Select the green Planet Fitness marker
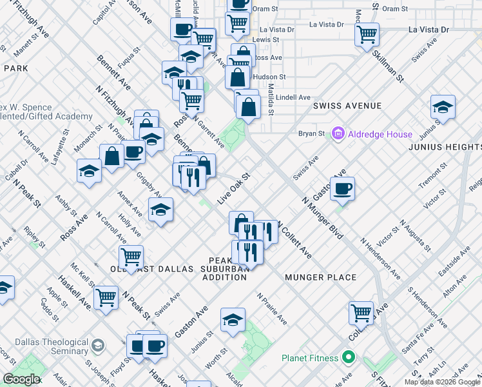(349, 357)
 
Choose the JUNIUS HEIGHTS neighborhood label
(445, 147)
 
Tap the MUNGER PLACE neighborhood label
(320, 277)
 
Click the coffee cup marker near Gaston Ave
(342, 188)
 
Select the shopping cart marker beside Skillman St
(367, 34)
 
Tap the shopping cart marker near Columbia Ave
(361, 313)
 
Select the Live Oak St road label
(233, 189)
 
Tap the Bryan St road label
(311, 134)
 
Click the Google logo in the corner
(21, 379)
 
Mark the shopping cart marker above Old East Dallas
(131, 257)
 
